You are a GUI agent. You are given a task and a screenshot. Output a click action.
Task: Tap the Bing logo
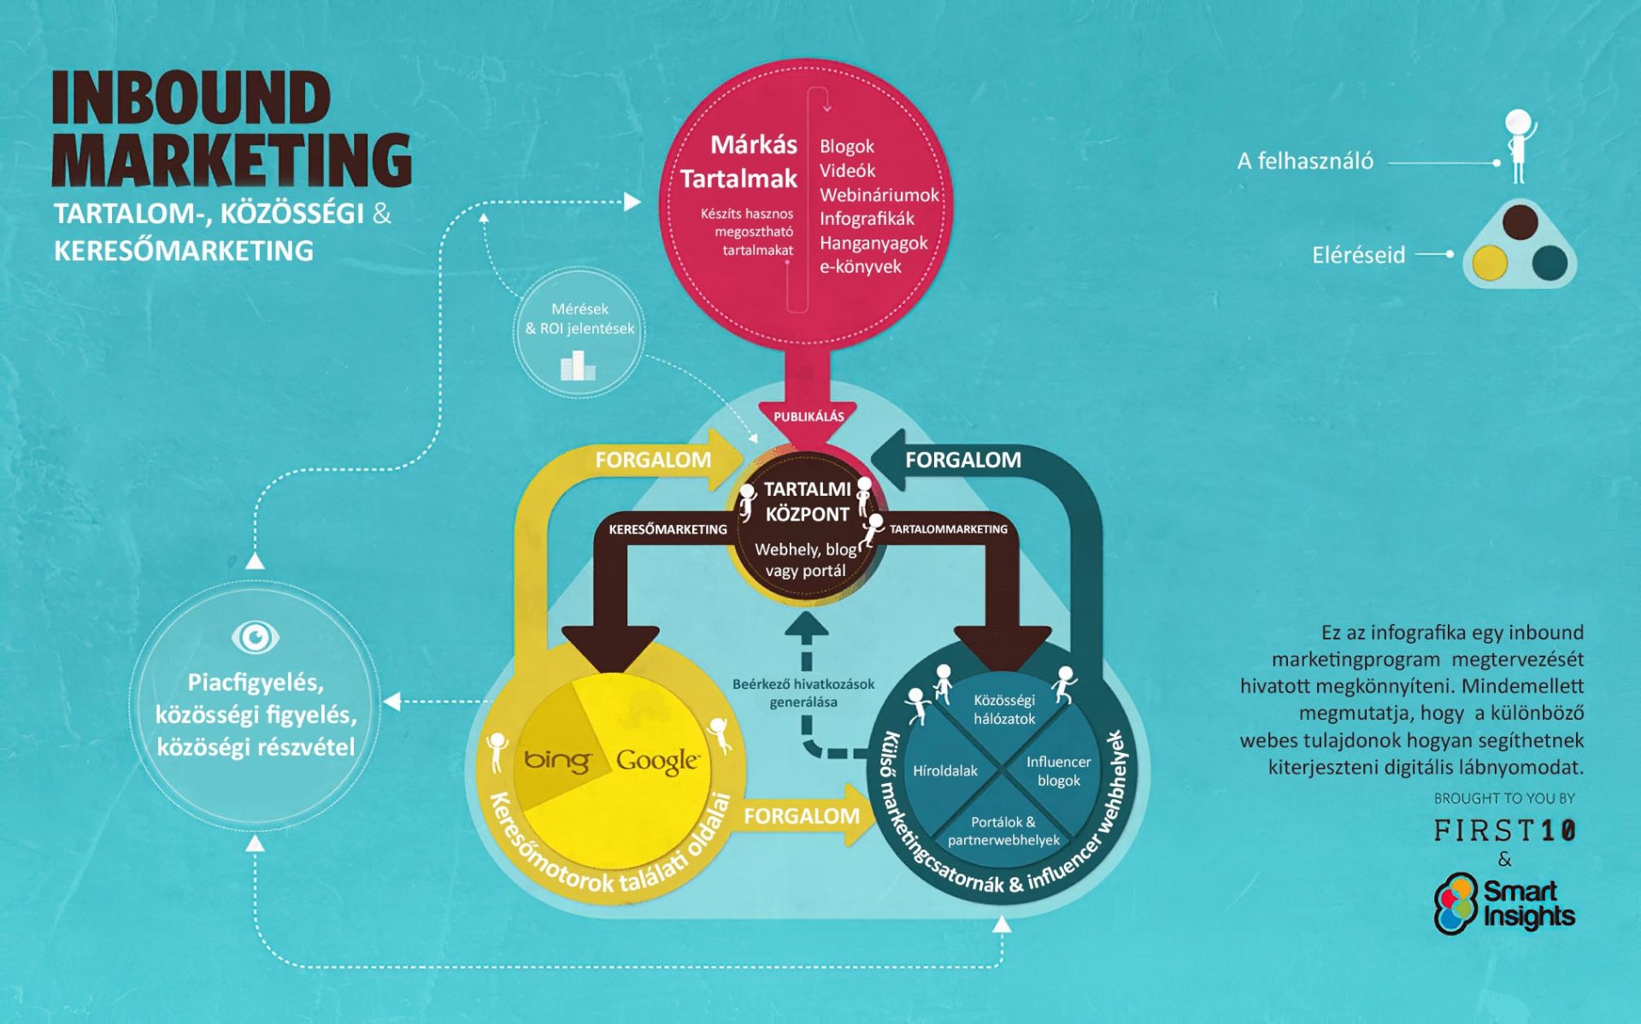tap(556, 759)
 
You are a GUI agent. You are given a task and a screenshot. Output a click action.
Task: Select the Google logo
tap(657, 760)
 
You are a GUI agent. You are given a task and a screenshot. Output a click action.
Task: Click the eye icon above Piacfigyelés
tap(255, 637)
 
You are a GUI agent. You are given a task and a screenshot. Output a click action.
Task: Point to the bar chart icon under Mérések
tap(578, 367)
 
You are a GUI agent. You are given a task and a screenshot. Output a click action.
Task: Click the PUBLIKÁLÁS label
tap(809, 416)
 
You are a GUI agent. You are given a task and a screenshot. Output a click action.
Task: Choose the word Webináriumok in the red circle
tap(879, 195)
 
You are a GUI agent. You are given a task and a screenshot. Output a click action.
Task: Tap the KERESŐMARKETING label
tap(668, 529)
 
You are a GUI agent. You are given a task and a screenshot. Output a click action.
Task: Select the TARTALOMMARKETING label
tap(948, 529)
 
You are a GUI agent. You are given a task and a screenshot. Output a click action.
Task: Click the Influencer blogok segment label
tap(1058, 771)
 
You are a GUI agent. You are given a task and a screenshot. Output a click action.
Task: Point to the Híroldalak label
tap(944, 771)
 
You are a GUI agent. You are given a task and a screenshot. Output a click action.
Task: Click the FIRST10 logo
tap(1504, 830)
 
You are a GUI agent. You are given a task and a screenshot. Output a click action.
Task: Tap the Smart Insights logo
tap(1504, 903)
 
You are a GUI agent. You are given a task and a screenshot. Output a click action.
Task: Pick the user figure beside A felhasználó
tap(1519, 145)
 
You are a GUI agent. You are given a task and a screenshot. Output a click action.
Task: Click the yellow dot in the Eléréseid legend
tap(1490, 262)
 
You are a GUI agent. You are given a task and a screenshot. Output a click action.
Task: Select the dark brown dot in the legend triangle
tap(1520, 221)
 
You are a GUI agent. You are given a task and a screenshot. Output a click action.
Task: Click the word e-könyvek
tap(860, 267)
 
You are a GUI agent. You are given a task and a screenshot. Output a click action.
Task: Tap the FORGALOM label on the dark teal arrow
tap(962, 460)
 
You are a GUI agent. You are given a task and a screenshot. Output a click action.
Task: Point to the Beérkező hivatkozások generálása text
tap(803, 693)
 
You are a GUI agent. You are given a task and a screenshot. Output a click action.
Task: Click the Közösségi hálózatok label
tap(1004, 709)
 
